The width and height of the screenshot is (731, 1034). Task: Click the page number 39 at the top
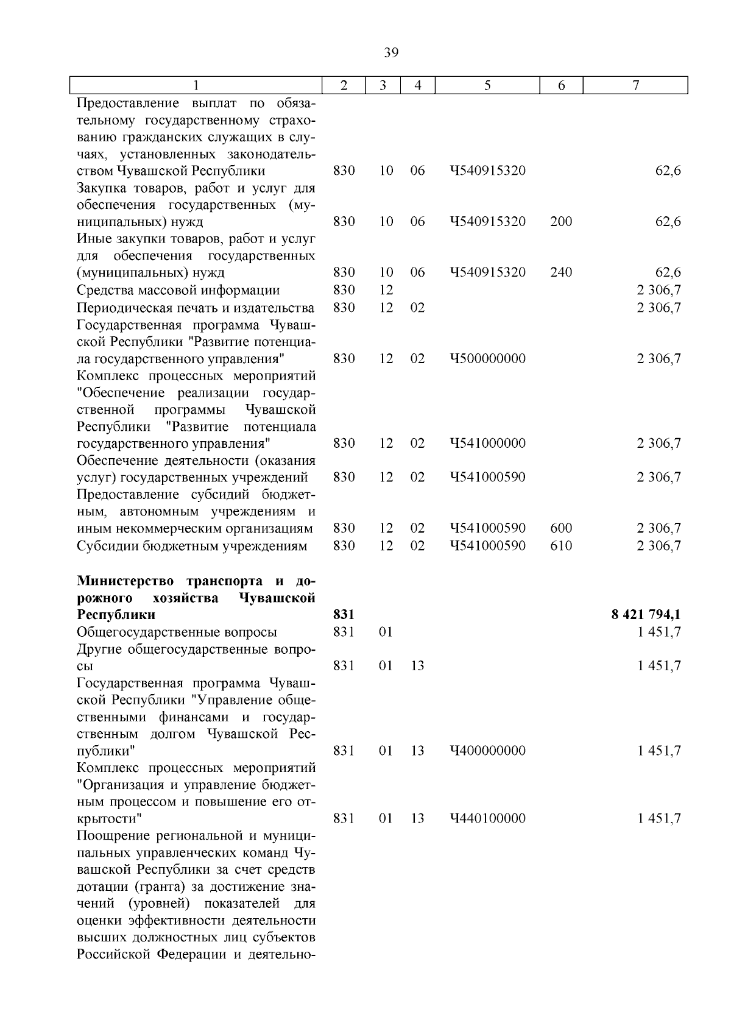tap(391, 53)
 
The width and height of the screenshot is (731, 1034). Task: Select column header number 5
tap(488, 86)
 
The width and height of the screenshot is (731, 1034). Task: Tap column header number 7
tap(635, 86)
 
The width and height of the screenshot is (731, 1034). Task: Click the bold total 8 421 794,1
tap(646, 615)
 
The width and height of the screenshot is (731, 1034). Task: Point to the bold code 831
tap(344, 615)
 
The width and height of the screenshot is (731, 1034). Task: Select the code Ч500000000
tap(487, 358)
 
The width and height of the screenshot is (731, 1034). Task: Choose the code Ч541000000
tap(487, 443)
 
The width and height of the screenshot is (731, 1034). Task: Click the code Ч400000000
tap(487, 751)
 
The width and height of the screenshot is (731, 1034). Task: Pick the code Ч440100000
tap(487, 818)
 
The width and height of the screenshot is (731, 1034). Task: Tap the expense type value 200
tap(561, 222)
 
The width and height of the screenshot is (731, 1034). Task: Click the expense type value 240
tap(561, 272)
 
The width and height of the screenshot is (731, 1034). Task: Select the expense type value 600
tap(561, 528)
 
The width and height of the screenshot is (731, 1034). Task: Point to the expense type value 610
tap(561, 545)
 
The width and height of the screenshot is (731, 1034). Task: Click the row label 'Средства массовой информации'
tap(178, 291)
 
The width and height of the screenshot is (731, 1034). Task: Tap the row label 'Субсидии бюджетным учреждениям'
tap(192, 545)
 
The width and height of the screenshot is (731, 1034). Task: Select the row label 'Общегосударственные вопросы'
tap(177, 632)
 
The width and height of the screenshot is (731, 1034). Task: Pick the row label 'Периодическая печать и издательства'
tap(196, 308)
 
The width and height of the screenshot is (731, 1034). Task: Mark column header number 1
tap(196, 86)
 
